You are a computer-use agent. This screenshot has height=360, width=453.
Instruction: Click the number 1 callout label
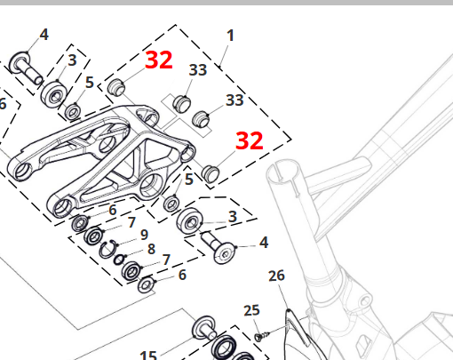coord(230,36)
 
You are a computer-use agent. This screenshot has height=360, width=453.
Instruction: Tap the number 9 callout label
coord(144,235)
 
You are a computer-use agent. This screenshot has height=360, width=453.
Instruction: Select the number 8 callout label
coord(151,249)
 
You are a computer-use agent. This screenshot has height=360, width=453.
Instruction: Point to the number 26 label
coord(276,276)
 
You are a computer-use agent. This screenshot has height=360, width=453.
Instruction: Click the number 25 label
coord(251,310)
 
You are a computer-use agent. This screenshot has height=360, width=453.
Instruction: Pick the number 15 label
coord(148,355)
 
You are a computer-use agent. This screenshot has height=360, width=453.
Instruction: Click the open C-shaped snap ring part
coord(107,249)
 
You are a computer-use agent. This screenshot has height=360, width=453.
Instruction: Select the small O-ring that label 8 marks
coord(119,260)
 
